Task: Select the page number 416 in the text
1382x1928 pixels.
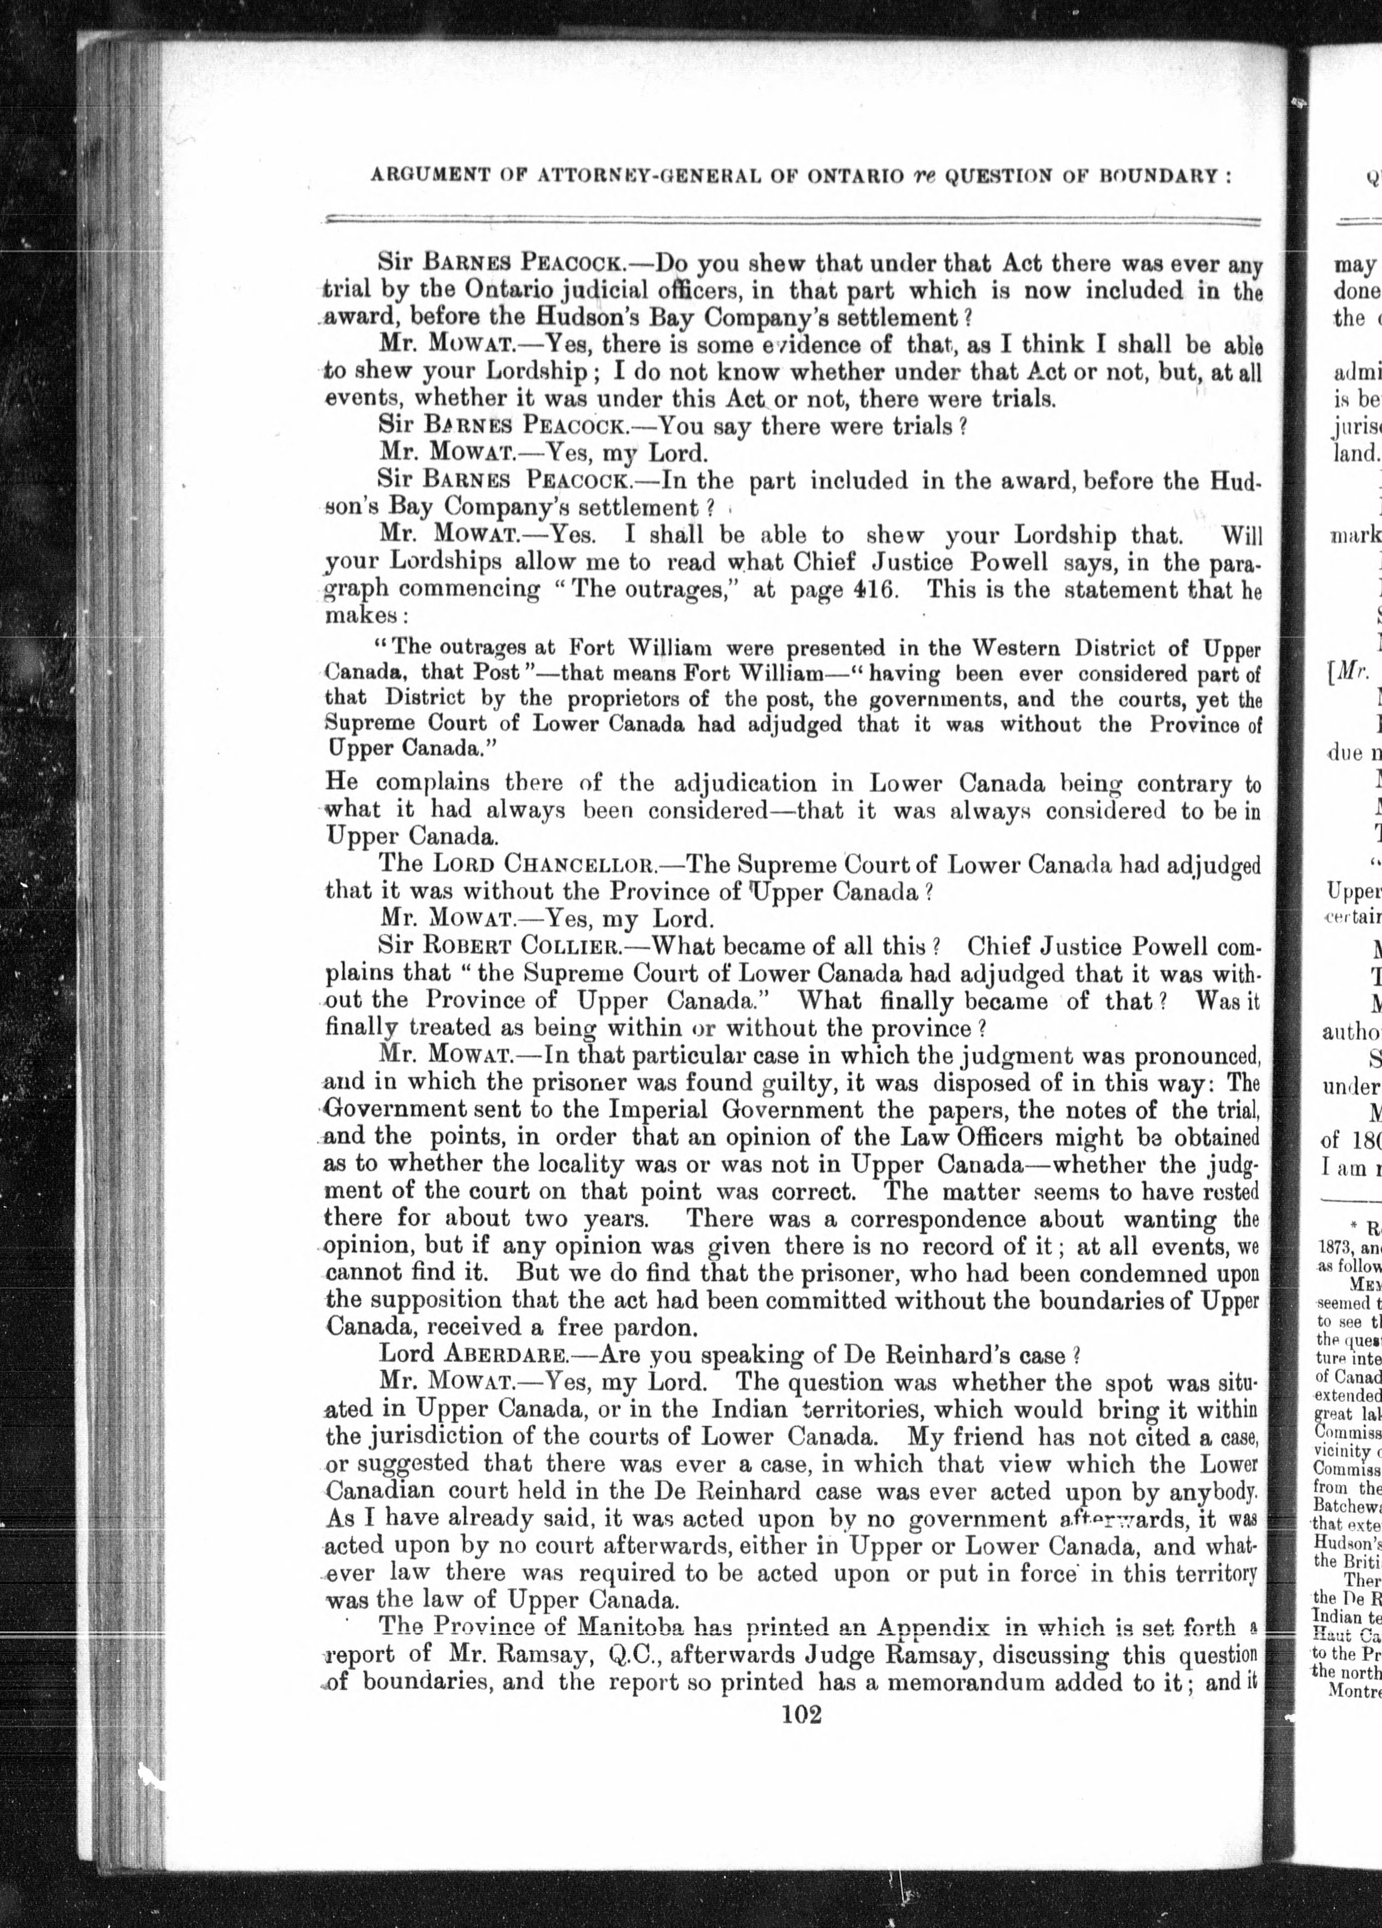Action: (870, 590)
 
